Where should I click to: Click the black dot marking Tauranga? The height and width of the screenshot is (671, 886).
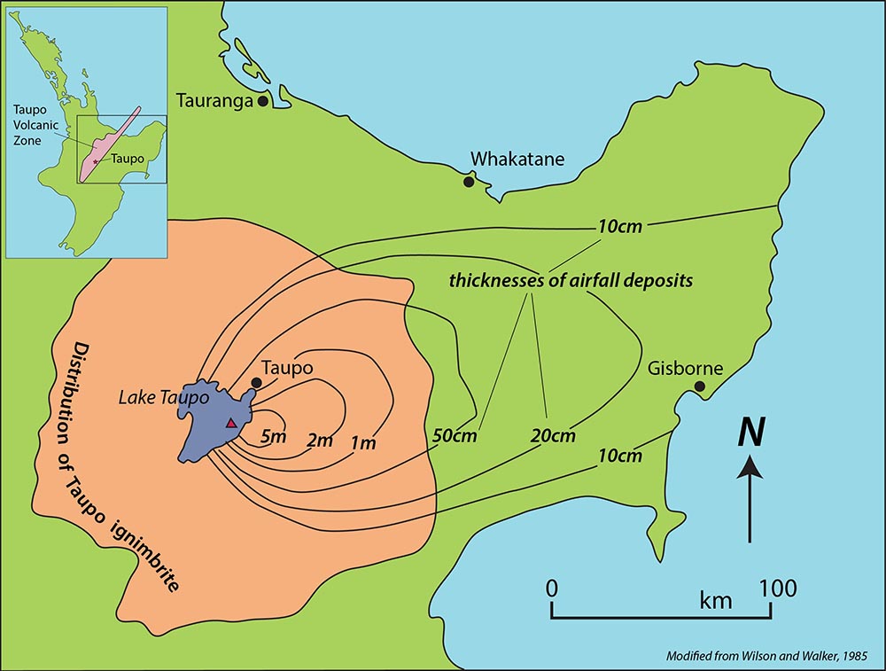click(263, 101)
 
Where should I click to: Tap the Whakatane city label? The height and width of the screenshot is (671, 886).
click(517, 160)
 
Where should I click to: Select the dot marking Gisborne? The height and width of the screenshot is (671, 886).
click(700, 386)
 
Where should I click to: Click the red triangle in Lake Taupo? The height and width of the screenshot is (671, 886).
click(231, 424)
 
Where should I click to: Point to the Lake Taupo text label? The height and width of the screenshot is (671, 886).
click(163, 399)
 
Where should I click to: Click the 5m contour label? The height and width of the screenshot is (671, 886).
click(273, 436)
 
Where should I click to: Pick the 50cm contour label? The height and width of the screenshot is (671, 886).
click(455, 436)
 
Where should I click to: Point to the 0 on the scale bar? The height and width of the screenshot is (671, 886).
click(551, 588)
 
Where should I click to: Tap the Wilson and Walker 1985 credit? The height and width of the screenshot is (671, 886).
click(767, 657)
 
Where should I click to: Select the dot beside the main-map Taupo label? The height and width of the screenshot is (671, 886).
click(256, 383)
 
